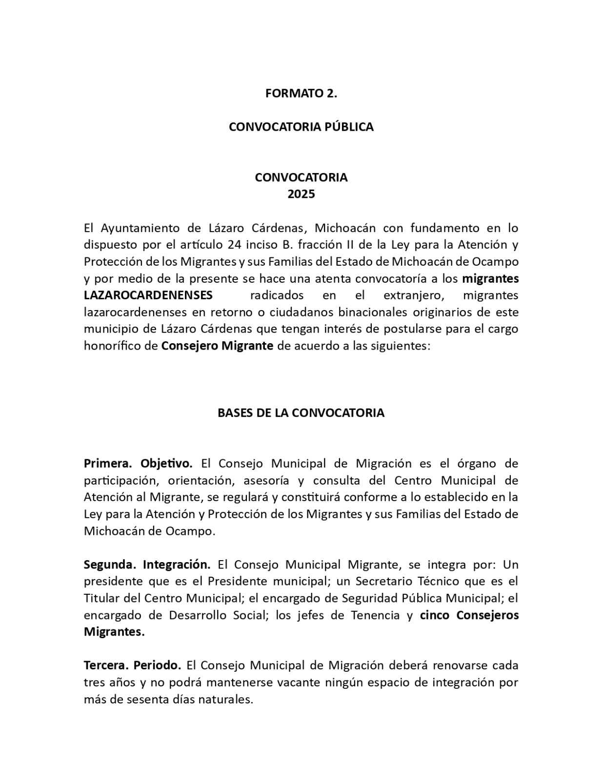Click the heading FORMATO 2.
pos(301,94)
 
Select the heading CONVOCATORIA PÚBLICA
pos(301,127)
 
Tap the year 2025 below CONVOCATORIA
pos(301,195)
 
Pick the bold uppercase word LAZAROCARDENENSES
pos(148,295)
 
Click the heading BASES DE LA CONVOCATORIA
pos(301,413)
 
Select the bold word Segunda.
pos(110,565)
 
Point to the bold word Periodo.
pos(158,665)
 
